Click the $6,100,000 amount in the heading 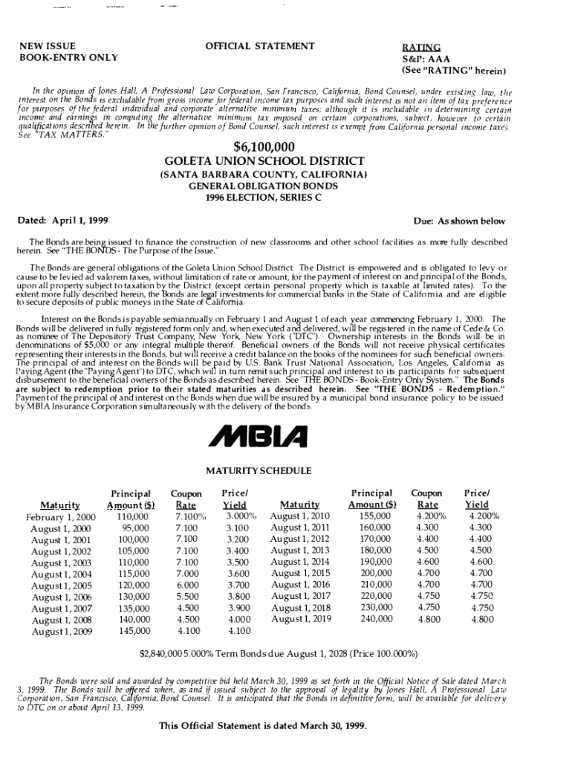click(x=264, y=146)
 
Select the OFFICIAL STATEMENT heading click(x=259, y=46)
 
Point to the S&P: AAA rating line click(x=427, y=59)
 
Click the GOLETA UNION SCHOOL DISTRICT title click(x=264, y=161)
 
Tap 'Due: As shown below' click(x=459, y=221)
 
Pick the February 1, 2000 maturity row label click(x=60, y=517)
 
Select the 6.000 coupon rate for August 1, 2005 click(x=186, y=585)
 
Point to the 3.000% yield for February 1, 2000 click(x=241, y=516)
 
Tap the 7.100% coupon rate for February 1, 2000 click(x=189, y=516)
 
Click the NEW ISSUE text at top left click(x=46, y=46)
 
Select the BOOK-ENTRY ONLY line click(x=58, y=57)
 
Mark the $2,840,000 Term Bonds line click(x=279, y=655)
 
